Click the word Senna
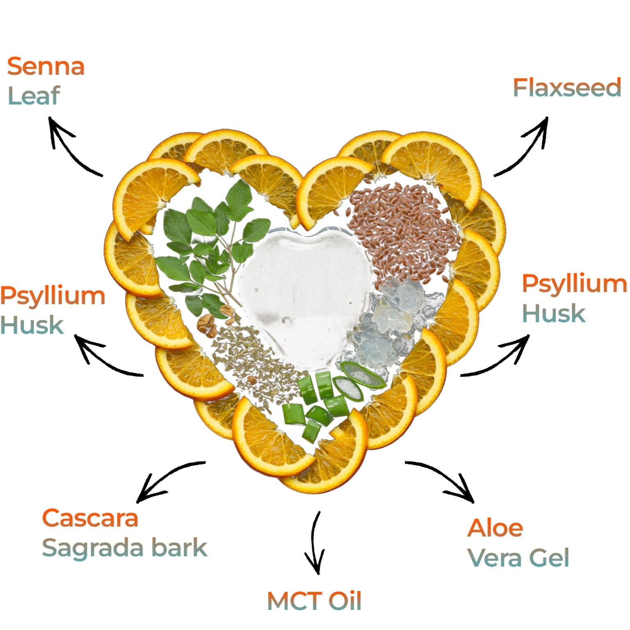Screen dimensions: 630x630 [x=46, y=66]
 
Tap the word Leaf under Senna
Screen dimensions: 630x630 [x=34, y=96]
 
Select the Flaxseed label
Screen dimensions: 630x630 [x=567, y=88]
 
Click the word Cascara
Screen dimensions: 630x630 [x=90, y=518]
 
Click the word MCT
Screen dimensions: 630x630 [x=294, y=601]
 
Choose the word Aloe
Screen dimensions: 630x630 [x=495, y=528]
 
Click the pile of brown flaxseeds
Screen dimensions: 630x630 [x=404, y=230]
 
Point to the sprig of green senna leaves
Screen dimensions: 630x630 [x=209, y=246]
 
